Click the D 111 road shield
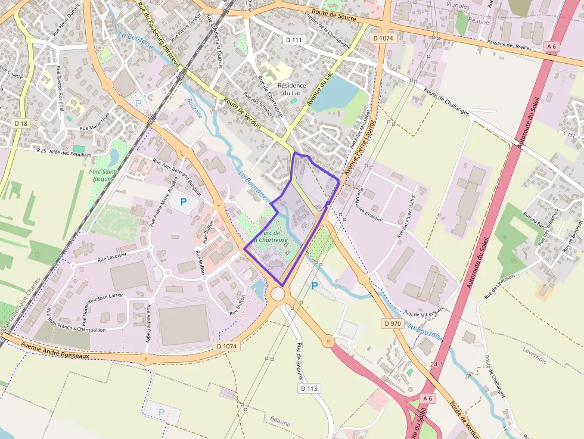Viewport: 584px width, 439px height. tap(294, 39)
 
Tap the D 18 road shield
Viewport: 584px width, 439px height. tap(21, 123)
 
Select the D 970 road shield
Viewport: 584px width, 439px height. tap(393, 323)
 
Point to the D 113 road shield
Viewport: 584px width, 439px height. tap(310, 388)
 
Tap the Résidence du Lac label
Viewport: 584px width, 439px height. tap(292, 89)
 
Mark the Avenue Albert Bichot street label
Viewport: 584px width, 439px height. tap(406, 216)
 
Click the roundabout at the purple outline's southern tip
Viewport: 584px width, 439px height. tap(278, 294)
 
